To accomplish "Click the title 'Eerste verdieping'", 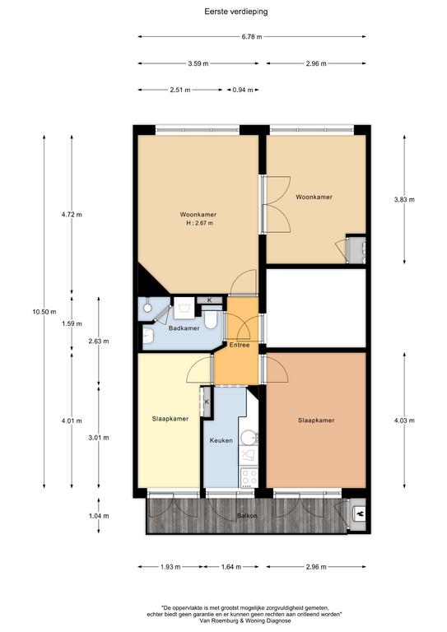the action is tap(235, 12).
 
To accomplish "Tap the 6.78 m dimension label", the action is tap(252, 37).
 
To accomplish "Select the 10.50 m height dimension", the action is tap(44, 312).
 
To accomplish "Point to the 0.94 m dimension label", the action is tap(243, 90).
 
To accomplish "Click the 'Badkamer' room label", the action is tap(184, 328).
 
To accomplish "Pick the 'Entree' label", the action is tap(240, 345).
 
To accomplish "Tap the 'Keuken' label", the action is tap(221, 440).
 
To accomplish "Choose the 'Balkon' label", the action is tap(247, 515).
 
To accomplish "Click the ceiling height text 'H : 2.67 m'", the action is tap(200, 223).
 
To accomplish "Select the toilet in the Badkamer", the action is tap(211, 319).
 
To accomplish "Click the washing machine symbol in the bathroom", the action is tap(184, 309).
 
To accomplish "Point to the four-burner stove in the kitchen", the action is tap(249, 477).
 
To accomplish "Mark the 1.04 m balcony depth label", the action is tap(99, 516).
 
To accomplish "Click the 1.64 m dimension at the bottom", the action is tap(231, 567).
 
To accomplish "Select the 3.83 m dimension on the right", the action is tap(404, 199).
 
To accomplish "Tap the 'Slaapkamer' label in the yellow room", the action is tap(170, 419).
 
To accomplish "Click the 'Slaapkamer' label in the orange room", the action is tap(316, 421).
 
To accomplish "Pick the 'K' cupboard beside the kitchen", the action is tap(207, 402).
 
